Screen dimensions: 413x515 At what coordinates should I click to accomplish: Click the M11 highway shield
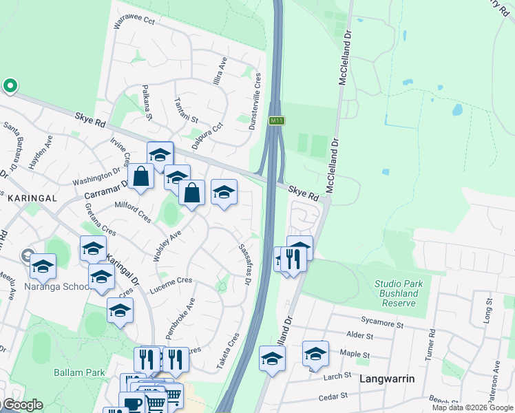277,120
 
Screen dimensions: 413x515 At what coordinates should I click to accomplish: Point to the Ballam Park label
80,372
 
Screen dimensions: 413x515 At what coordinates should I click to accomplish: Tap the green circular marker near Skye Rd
10,86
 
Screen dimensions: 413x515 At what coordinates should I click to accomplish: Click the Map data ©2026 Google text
472,407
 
